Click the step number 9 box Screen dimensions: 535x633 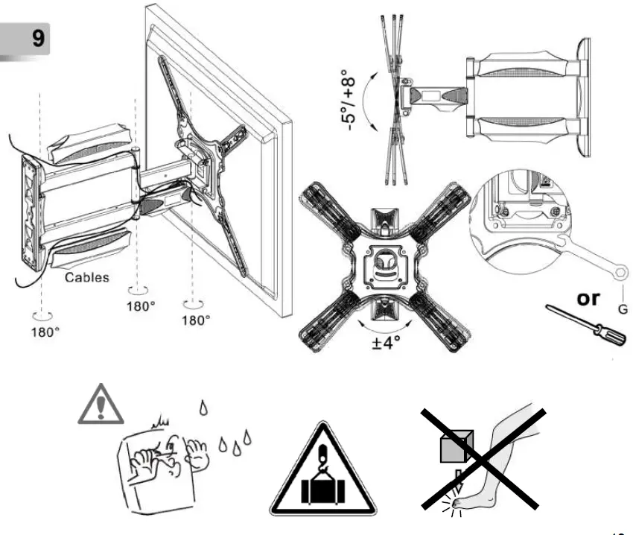pos(28,37)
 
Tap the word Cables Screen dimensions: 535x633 pos(86,277)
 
